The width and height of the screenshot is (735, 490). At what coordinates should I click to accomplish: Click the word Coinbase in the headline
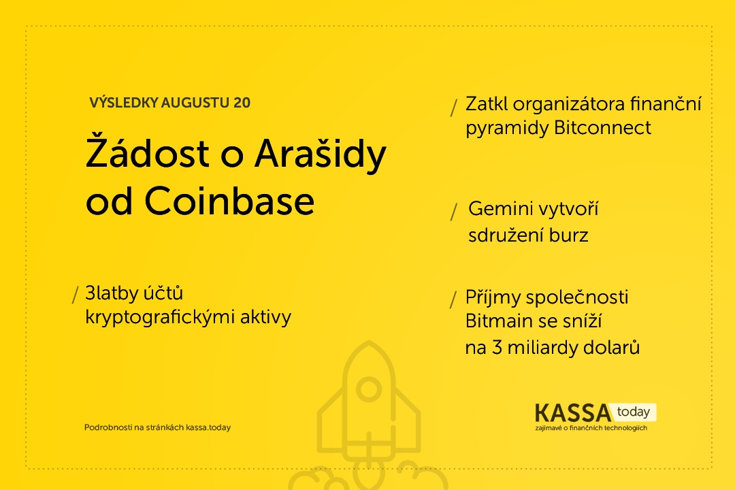(x=229, y=201)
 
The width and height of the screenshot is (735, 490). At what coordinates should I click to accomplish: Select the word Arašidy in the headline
(x=320, y=154)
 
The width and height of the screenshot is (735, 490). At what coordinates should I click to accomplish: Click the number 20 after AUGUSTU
(x=242, y=103)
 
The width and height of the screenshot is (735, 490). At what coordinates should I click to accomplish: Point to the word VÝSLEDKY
(x=123, y=102)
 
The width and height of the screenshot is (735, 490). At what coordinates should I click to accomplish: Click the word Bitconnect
(x=602, y=127)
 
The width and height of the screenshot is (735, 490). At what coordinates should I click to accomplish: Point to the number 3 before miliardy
(x=497, y=348)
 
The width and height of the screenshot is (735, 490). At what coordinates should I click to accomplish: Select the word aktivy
(x=266, y=317)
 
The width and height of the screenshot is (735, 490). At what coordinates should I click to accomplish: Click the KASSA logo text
(x=573, y=412)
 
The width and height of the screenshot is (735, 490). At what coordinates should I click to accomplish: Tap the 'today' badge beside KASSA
(x=634, y=412)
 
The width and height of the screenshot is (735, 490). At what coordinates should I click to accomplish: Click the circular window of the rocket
(x=369, y=389)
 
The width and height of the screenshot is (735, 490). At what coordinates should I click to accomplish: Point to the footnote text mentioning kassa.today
(x=157, y=427)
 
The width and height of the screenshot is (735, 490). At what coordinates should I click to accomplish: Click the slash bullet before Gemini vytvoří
(x=454, y=212)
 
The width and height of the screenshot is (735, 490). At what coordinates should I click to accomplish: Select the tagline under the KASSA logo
(x=591, y=427)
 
